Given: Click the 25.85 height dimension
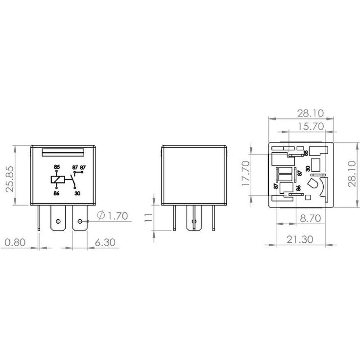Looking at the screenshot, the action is coord(10,179).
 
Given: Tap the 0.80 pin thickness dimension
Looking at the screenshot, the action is coord(15,242).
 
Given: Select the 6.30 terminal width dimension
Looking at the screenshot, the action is coord(105,242).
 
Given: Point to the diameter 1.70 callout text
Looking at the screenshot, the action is coord(112,216).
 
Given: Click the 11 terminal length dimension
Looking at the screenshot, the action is coord(149,217).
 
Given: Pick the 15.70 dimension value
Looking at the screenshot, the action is coord(311,126).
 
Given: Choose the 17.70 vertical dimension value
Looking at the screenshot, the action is coord(246,174).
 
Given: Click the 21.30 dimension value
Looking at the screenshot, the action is coord(300,239).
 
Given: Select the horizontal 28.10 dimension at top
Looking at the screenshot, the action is coord(311,113).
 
